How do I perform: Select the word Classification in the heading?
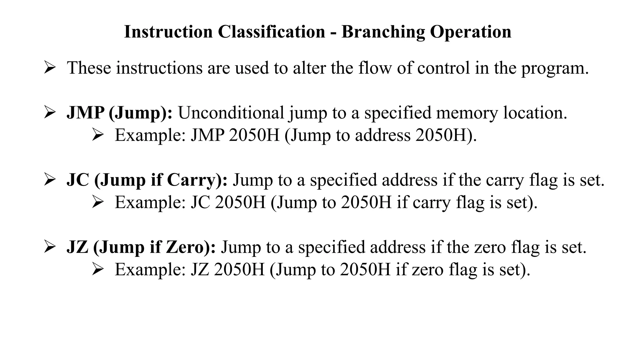pos(271,32)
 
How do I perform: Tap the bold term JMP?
pos(85,113)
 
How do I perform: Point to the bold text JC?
pos(78,180)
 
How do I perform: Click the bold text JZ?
pos(77,247)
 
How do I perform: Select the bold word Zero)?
pos(190,247)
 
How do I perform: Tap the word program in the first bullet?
pos(554,68)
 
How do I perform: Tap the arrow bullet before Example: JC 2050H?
pos(98,202)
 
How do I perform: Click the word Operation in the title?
pos(471,32)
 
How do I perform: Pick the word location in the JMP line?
pos(535,113)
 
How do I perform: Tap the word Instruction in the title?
pos(168,32)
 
